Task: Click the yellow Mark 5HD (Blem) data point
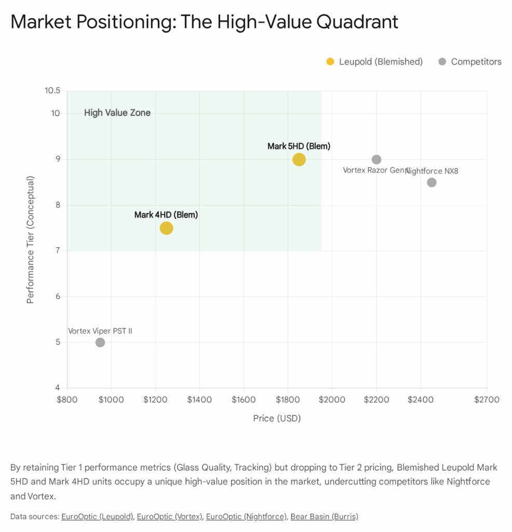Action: pyautogui.click(x=299, y=159)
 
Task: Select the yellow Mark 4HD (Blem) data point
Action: pyautogui.click(x=166, y=228)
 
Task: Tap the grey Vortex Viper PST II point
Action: pyautogui.click(x=100, y=342)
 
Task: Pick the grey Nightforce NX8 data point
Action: pyautogui.click(x=432, y=182)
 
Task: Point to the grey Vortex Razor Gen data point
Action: pyautogui.click(x=377, y=159)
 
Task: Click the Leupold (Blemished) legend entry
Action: pyautogui.click(x=375, y=62)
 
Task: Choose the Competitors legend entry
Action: pyautogui.click(x=470, y=62)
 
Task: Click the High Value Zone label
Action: pyautogui.click(x=117, y=113)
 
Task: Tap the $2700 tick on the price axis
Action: pyautogui.click(x=487, y=400)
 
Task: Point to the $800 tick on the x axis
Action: pyautogui.click(x=67, y=400)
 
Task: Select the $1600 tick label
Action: pyautogui.click(x=243, y=400)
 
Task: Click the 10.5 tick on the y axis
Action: pyautogui.click(x=52, y=91)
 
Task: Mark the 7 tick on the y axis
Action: pyautogui.click(x=57, y=251)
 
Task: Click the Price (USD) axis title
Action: pyautogui.click(x=277, y=418)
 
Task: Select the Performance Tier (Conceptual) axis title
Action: pyautogui.click(x=31, y=240)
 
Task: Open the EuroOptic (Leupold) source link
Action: pyautogui.click(x=97, y=516)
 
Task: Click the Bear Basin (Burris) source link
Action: pyautogui.click(x=324, y=516)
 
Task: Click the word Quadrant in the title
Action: pyautogui.click(x=352, y=22)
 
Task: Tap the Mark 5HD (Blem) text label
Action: pyautogui.click(x=299, y=146)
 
